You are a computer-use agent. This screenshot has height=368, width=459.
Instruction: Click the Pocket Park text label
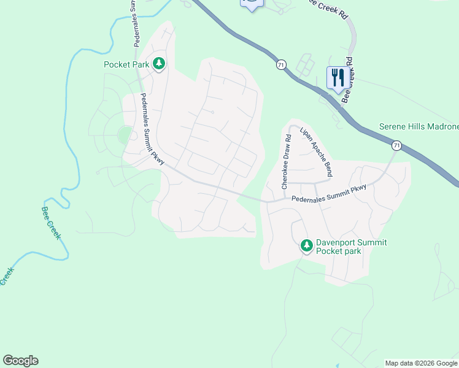click(x=127, y=64)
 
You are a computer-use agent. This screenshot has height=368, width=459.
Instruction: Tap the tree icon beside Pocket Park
click(x=159, y=63)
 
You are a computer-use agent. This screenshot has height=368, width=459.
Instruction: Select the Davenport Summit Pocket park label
click(x=351, y=247)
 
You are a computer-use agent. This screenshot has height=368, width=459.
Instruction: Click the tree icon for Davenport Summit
click(x=306, y=246)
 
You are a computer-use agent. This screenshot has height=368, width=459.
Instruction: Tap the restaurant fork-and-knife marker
click(x=337, y=77)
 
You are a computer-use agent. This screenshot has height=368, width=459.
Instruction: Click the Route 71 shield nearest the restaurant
click(x=281, y=64)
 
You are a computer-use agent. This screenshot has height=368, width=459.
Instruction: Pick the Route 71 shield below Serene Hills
click(x=397, y=145)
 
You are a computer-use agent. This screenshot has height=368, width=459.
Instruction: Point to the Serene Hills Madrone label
click(x=418, y=126)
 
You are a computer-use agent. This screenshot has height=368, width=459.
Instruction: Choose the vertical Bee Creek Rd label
click(x=346, y=81)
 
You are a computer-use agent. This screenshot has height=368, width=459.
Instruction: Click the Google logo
click(x=20, y=361)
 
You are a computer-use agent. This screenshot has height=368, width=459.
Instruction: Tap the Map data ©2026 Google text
click(x=421, y=363)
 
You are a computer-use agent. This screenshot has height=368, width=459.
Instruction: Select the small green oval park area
click(x=125, y=135)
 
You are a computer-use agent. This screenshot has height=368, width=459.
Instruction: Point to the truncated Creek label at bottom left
click(x=6, y=275)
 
